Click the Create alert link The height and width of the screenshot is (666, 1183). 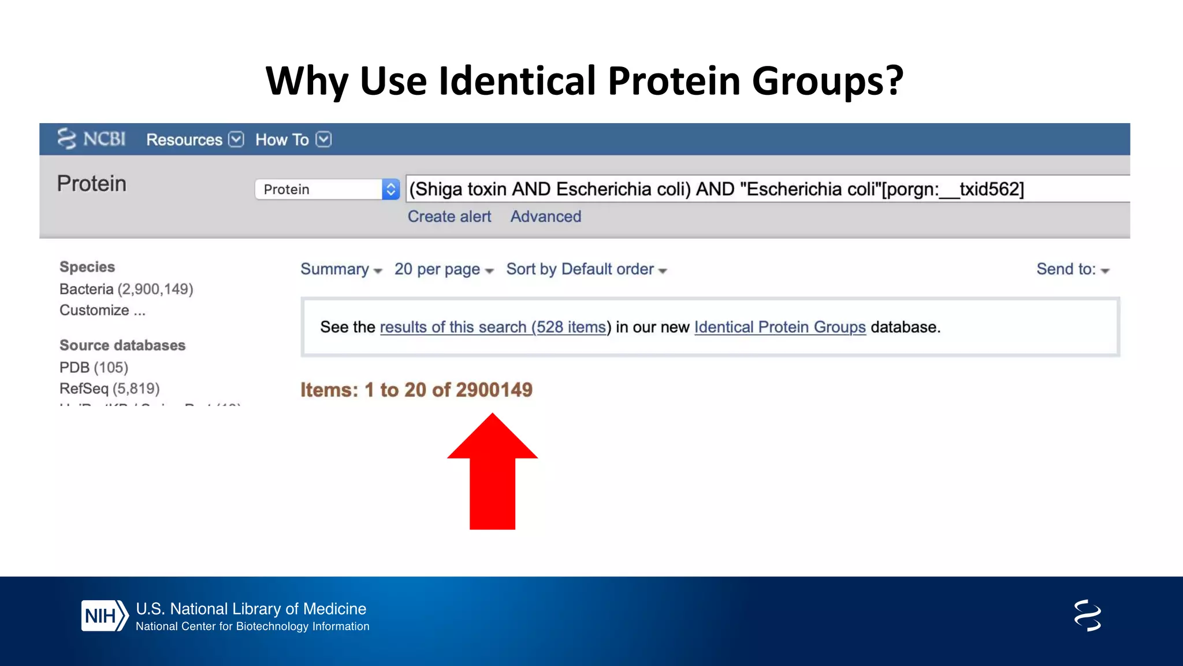click(x=449, y=216)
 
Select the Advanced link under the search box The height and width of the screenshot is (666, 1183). click(x=546, y=216)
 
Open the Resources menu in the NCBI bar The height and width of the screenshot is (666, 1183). click(x=195, y=139)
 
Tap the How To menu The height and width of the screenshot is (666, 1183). click(x=293, y=139)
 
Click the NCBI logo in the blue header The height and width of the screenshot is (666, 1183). click(x=91, y=139)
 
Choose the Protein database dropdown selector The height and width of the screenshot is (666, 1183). click(x=327, y=189)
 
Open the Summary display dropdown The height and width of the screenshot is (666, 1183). click(x=341, y=269)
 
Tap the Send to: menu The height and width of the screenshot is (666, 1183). click(x=1073, y=269)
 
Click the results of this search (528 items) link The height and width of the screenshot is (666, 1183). click(x=493, y=327)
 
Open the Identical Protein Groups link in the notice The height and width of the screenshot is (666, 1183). click(x=780, y=327)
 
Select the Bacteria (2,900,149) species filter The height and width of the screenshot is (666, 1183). click(x=126, y=288)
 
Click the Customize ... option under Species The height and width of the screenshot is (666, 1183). click(x=102, y=310)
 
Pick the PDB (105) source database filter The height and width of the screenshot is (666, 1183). click(x=94, y=367)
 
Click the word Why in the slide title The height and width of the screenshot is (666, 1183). click(x=307, y=81)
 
